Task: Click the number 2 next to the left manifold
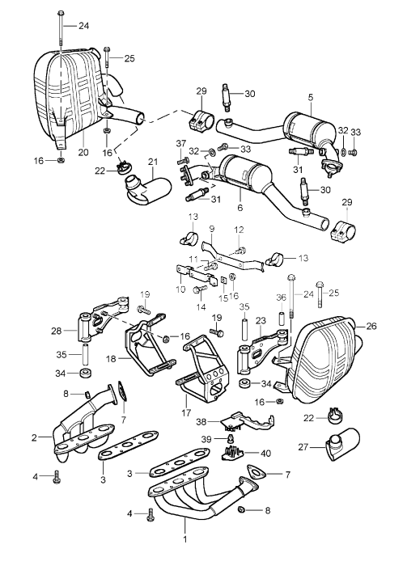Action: coord(34,437)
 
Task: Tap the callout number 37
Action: coord(180,143)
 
